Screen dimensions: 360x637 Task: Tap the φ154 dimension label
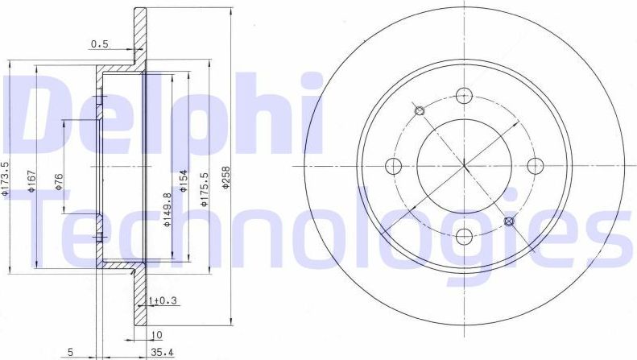[x=184, y=181]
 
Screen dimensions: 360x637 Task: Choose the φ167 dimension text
[x=31, y=181]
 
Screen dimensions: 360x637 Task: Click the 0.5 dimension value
[x=100, y=45]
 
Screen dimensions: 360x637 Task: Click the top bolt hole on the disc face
[x=463, y=96]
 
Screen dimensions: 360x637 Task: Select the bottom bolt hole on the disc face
[x=464, y=236]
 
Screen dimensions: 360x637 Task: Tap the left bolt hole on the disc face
[x=394, y=166]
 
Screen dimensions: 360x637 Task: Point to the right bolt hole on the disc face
[x=533, y=166]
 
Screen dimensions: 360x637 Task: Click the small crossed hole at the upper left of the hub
[x=419, y=111]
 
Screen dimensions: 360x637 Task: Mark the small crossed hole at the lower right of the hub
[x=508, y=221]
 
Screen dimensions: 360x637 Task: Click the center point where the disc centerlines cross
[x=464, y=166]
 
